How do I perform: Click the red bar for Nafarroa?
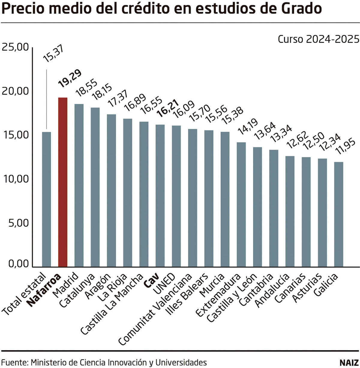click(63, 182)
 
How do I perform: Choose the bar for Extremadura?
click(241, 204)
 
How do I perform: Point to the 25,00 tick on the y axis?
click(15, 47)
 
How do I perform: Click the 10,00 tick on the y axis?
click(15, 179)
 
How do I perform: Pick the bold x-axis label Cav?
click(153, 279)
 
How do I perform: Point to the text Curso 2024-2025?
click(318, 39)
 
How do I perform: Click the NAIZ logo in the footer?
click(349, 362)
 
